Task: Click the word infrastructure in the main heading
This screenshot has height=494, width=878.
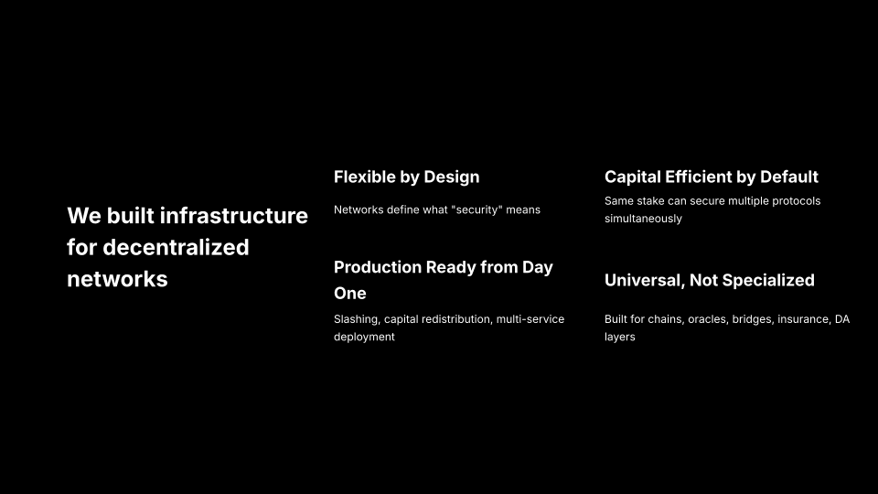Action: pyautogui.click(x=234, y=216)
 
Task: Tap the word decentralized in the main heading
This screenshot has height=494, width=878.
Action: pyautogui.click(x=176, y=248)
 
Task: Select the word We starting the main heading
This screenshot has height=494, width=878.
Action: pyautogui.click(x=84, y=216)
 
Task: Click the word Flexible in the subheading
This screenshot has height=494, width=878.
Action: pyautogui.click(x=365, y=177)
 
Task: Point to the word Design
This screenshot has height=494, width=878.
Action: pyautogui.click(x=451, y=177)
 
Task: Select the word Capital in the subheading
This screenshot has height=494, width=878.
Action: pyautogui.click(x=633, y=177)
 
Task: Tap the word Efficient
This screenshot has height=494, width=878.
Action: pyautogui.click(x=698, y=177)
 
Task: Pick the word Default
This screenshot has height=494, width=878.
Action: pyautogui.click(x=789, y=177)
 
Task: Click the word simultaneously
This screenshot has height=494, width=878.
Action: pyautogui.click(x=643, y=219)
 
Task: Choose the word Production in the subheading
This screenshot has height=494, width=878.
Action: pyautogui.click(x=378, y=267)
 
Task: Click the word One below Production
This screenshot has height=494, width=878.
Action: pyautogui.click(x=350, y=294)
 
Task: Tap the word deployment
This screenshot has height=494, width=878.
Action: pyautogui.click(x=365, y=338)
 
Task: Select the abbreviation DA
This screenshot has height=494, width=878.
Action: pyautogui.click(x=842, y=319)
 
